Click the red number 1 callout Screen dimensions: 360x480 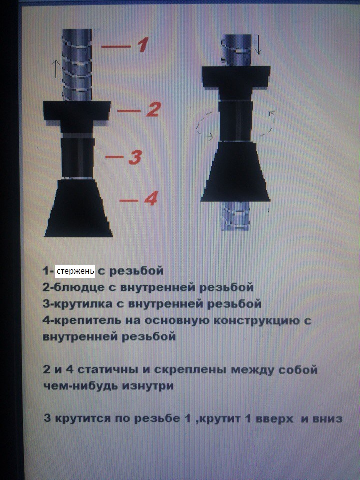click(x=143, y=45)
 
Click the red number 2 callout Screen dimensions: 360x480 click(x=153, y=109)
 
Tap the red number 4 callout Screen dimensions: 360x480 click(x=151, y=198)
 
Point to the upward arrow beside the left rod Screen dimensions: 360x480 click(x=55, y=68)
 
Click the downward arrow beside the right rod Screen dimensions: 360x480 click(x=258, y=46)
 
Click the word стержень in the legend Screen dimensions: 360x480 click(x=75, y=271)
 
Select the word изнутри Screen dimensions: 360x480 click(x=148, y=386)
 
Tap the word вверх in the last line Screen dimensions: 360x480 click(x=274, y=419)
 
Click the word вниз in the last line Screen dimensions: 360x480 click(x=327, y=419)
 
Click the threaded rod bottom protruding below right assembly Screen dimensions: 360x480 click(x=235, y=216)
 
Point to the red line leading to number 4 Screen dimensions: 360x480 click(x=129, y=201)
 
